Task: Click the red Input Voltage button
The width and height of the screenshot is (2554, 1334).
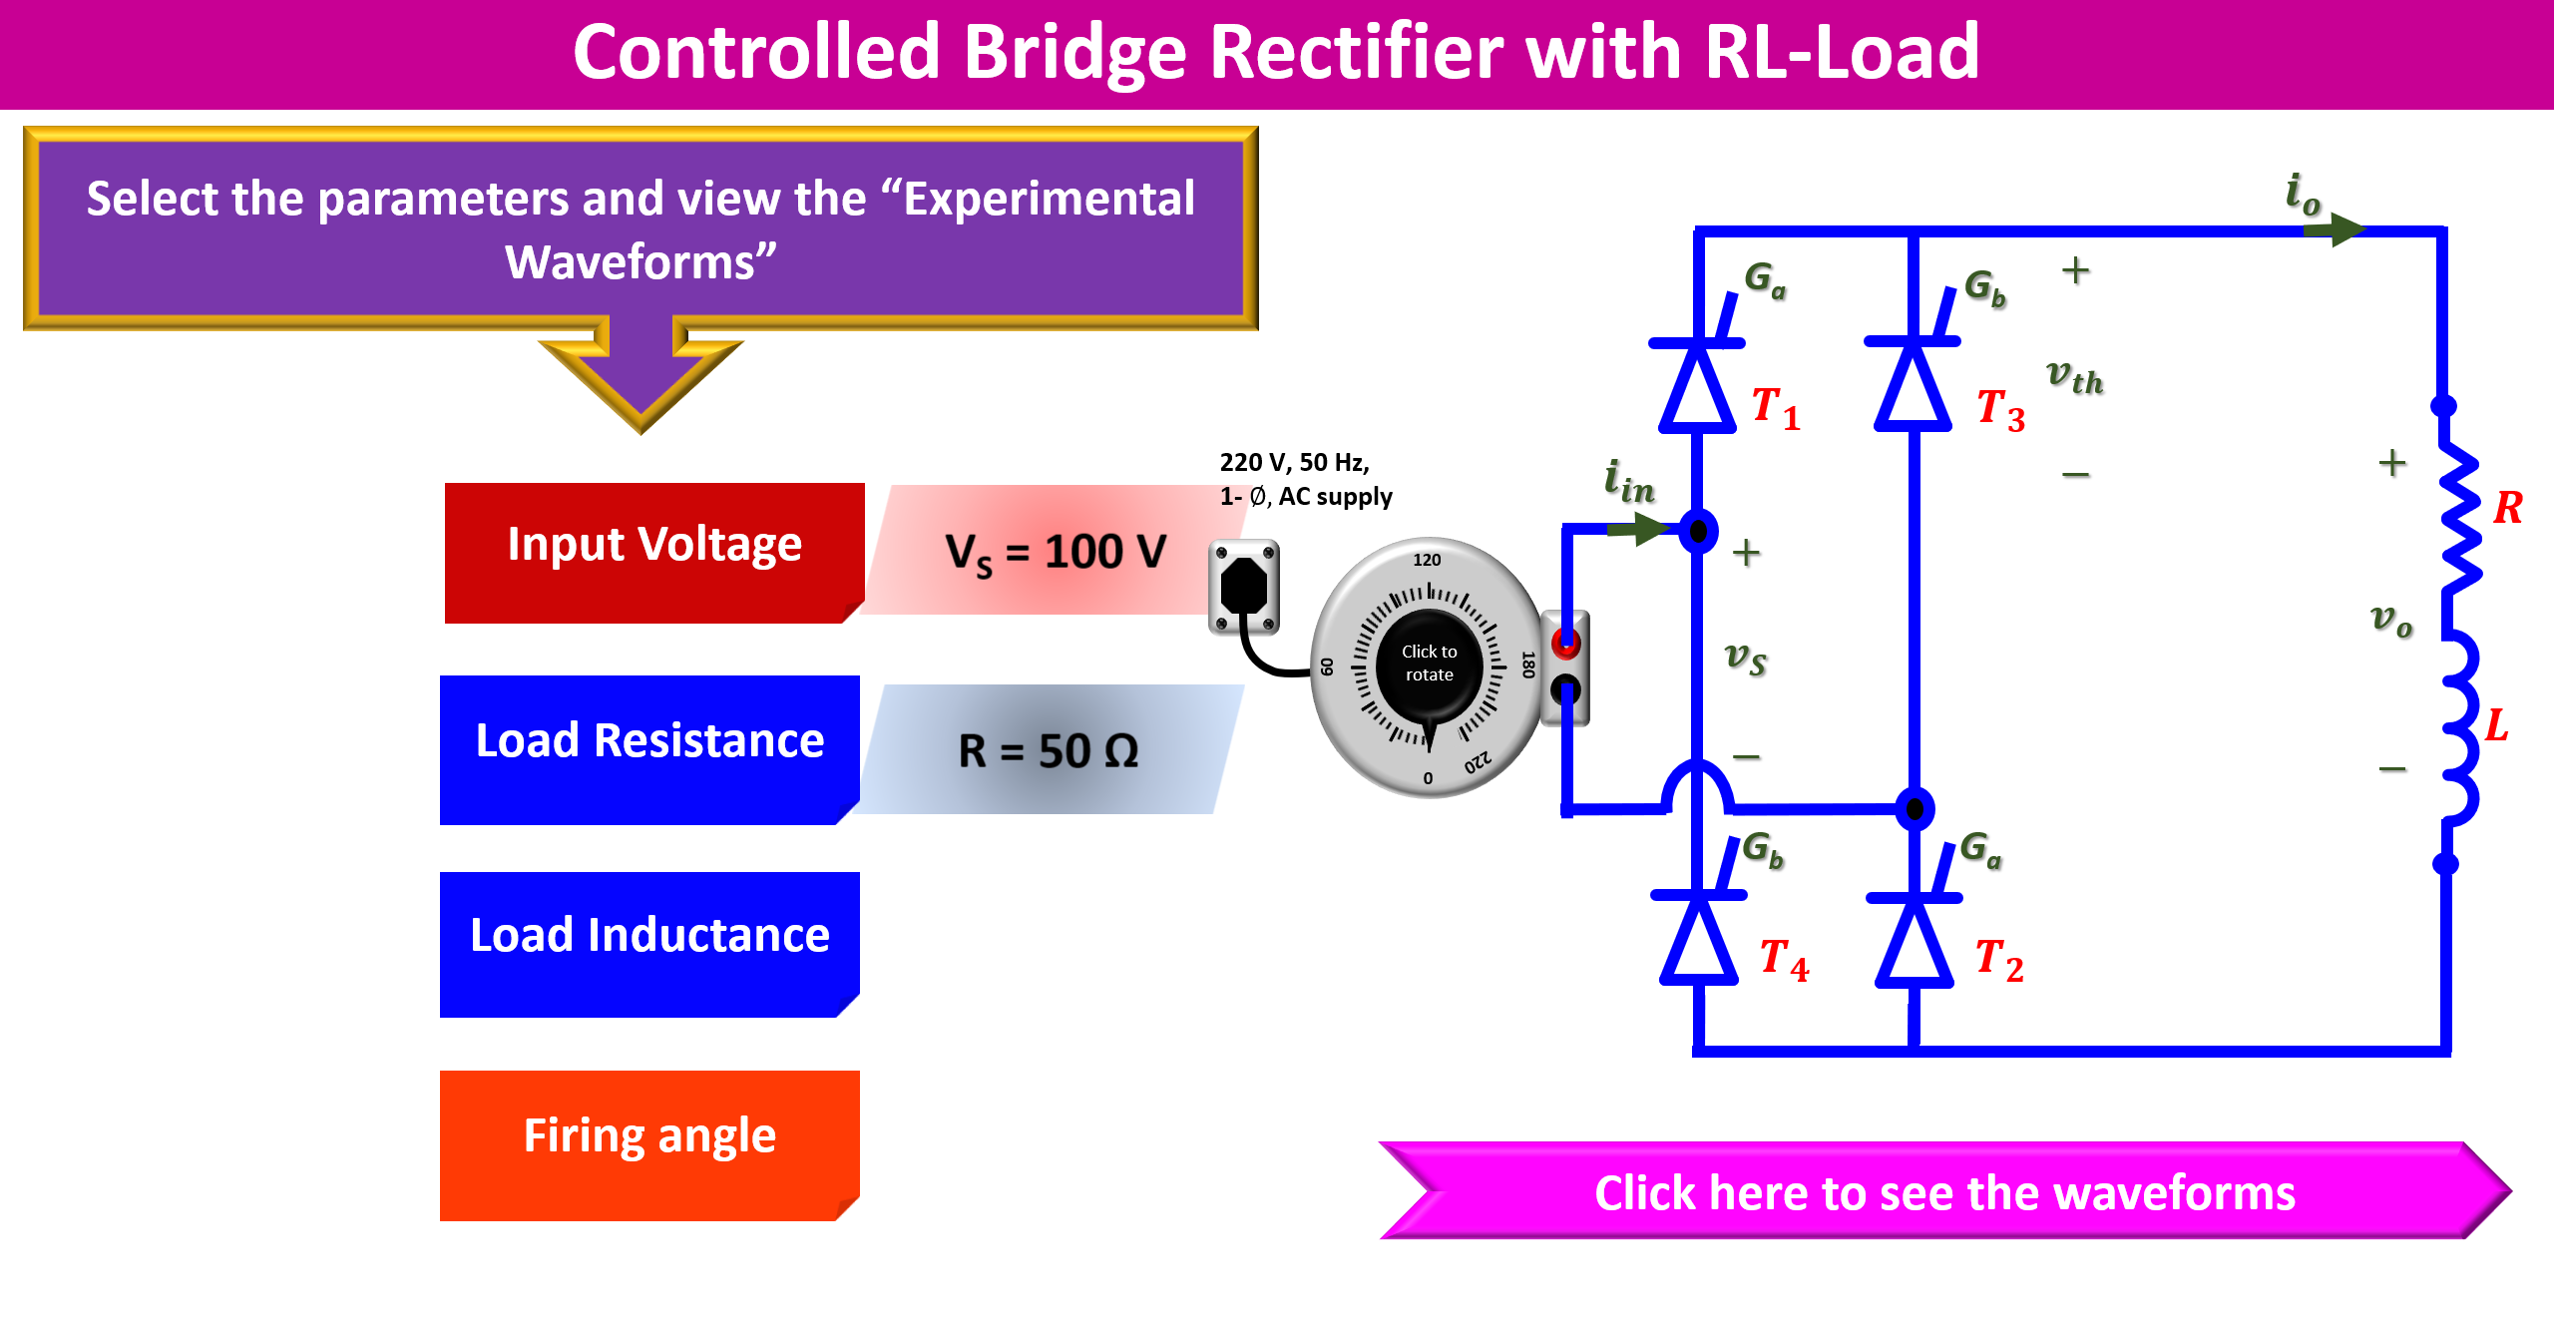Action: pyautogui.click(x=653, y=552)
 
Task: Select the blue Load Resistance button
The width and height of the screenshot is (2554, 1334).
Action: pyautogui.click(x=649, y=748)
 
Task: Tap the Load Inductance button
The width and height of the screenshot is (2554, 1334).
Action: pyautogui.click(x=649, y=943)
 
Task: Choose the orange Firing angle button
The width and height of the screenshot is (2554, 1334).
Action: pyautogui.click(x=649, y=1143)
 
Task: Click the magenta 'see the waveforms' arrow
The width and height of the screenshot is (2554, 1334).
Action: pyautogui.click(x=1943, y=1192)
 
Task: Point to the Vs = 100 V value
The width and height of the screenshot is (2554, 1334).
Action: pyautogui.click(x=1055, y=552)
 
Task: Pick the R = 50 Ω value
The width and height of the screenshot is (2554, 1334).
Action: pyautogui.click(x=1049, y=750)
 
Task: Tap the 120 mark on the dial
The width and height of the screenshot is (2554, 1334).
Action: pyautogui.click(x=1427, y=561)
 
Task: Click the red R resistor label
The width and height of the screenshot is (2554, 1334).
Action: pyautogui.click(x=2507, y=508)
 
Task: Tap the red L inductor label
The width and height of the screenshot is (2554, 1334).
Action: pyautogui.click(x=2497, y=725)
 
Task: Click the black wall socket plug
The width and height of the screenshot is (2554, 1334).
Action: pyautogui.click(x=1244, y=587)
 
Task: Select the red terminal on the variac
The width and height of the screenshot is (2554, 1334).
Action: pyautogui.click(x=1566, y=643)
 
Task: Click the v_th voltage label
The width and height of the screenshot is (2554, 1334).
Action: pyautogui.click(x=2075, y=377)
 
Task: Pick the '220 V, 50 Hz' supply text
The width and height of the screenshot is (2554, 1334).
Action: pyautogui.click(x=1295, y=463)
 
